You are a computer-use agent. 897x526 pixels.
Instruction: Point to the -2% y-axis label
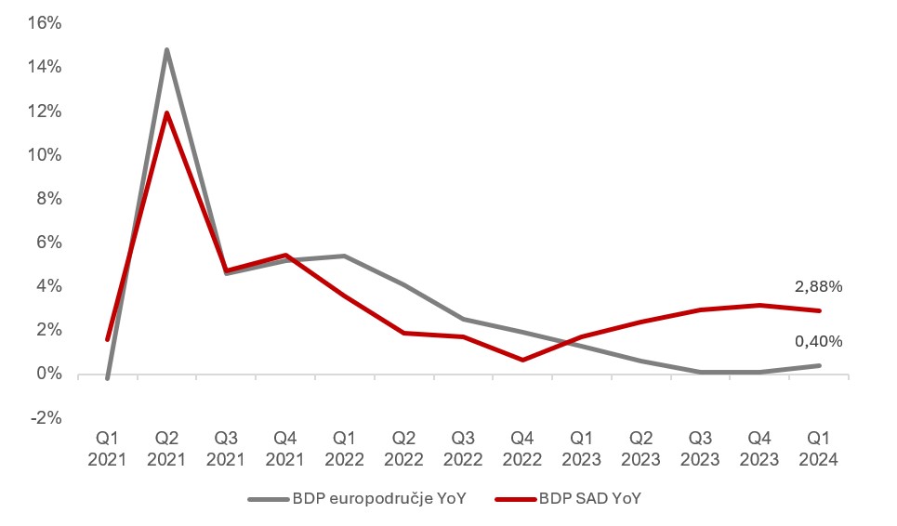[x=45, y=418]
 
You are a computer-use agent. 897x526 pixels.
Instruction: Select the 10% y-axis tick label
[x=45, y=155]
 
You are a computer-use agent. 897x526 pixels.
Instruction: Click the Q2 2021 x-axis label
[x=167, y=448]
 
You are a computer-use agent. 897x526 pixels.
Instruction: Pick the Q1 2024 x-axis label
[x=819, y=448]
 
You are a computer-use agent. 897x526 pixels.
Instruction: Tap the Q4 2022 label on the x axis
[x=522, y=448]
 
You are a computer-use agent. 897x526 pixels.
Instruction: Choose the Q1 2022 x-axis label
[x=345, y=448]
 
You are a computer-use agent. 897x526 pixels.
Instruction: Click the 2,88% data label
[x=818, y=287]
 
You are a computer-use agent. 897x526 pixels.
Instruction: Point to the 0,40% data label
[x=818, y=342]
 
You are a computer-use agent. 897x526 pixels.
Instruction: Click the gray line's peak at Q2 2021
[x=166, y=49]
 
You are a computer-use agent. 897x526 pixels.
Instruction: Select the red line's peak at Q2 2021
[x=167, y=113]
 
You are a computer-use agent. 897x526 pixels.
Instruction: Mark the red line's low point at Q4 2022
[x=522, y=360]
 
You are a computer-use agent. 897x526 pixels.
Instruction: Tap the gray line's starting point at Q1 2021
[x=108, y=378]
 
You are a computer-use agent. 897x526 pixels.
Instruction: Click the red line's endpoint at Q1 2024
[x=819, y=310]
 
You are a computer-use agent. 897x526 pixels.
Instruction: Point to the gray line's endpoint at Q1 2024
[x=819, y=365]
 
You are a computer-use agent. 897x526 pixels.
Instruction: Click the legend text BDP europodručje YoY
[x=378, y=499]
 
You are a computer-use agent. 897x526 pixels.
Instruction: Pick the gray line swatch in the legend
[x=269, y=499]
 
